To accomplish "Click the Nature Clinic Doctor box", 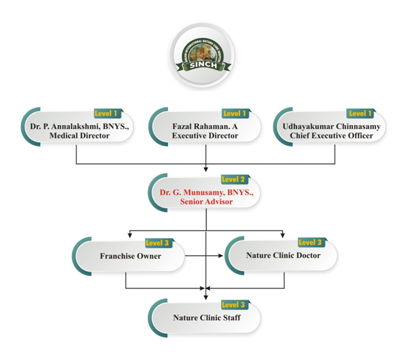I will pos(283,255).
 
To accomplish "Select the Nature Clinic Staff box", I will pos(206,318).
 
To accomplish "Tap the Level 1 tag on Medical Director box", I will pos(108,113).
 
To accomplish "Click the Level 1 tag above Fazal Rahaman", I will pos(235,113).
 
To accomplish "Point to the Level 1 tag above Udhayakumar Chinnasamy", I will pos(360,113).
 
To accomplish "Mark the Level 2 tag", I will pos(234,179).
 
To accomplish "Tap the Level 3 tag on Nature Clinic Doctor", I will pos(310,243).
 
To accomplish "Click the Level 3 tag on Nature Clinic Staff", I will pos(234,305).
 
